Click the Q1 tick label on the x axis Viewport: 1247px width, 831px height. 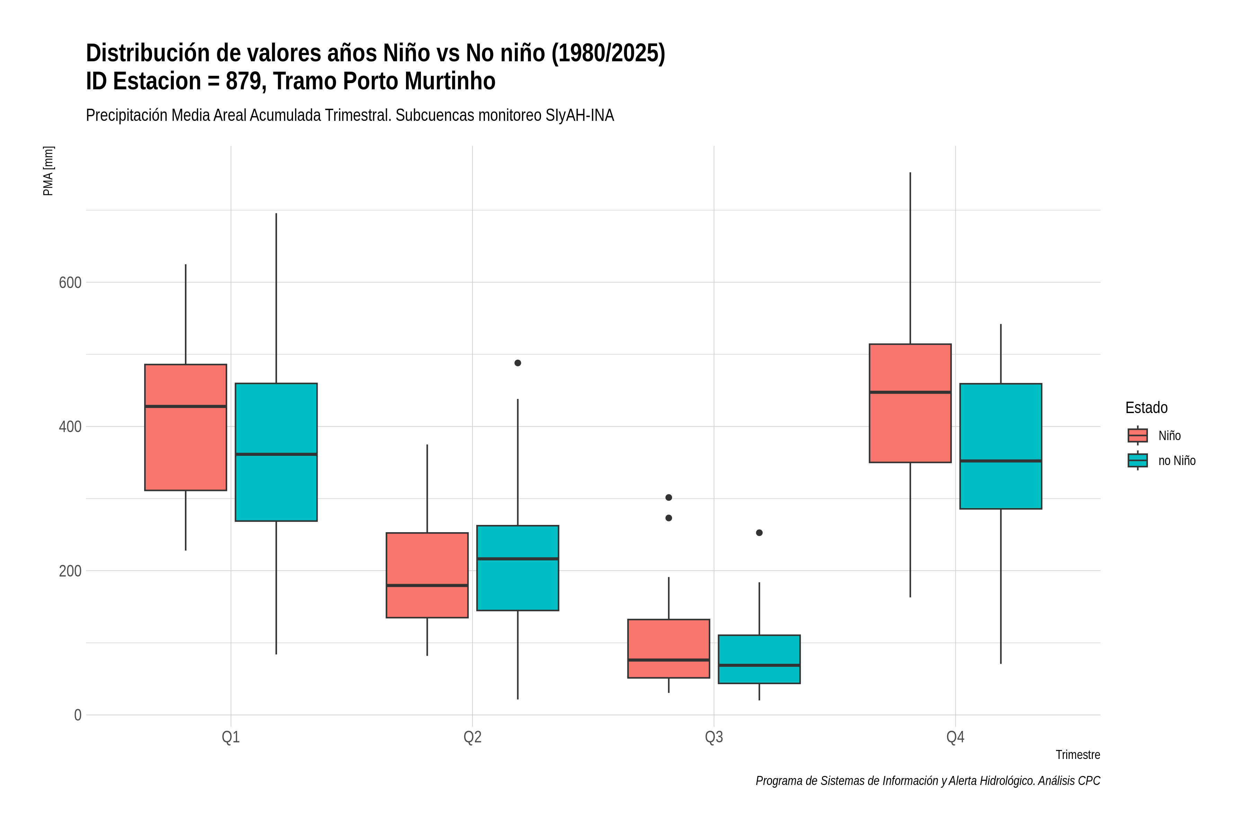click(231, 737)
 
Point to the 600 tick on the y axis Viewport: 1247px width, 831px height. click(70, 283)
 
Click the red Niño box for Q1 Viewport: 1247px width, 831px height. click(186, 427)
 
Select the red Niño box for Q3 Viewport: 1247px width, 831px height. click(669, 648)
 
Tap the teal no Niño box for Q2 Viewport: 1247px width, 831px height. click(518, 568)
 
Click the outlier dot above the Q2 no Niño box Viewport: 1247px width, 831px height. click(518, 363)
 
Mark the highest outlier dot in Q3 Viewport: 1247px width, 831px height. click(669, 498)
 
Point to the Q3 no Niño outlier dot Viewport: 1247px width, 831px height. click(759, 533)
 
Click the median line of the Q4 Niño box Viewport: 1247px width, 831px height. click(910, 392)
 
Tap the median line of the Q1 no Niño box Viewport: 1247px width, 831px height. click(276, 454)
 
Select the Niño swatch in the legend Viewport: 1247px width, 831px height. click(1137, 436)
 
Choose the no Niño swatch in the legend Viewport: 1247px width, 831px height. click(1137, 461)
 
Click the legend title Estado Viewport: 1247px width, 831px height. click(1146, 408)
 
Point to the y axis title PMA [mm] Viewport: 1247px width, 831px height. click(48, 171)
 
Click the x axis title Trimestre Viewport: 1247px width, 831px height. click(1078, 755)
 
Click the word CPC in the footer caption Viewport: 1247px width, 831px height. click(1089, 781)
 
